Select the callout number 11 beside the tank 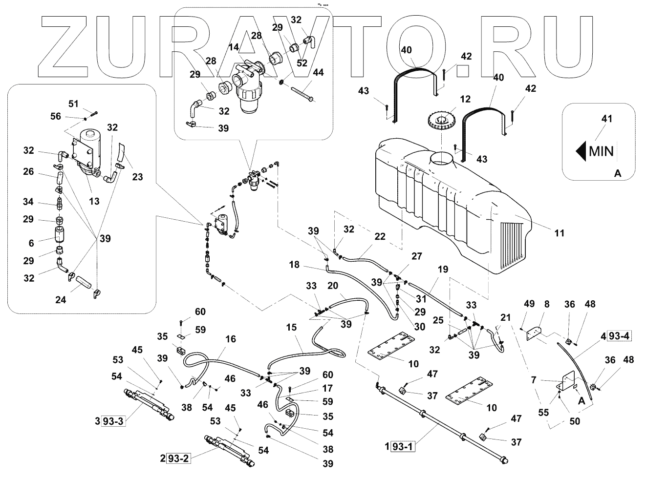(x=559, y=233)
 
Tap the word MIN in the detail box (x=602, y=150)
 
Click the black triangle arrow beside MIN (x=581, y=150)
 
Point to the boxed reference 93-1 (x=403, y=446)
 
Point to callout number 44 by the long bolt (x=319, y=73)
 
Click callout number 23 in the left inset (x=138, y=177)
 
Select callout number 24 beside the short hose (x=60, y=300)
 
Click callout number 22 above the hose (x=380, y=237)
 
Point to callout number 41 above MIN (x=607, y=119)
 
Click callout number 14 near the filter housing (x=233, y=47)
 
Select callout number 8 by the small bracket (x=546, y=304)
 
